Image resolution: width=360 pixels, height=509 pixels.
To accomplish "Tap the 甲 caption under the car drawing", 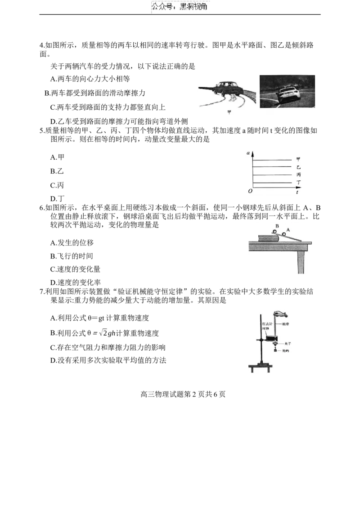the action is [x=229, y=112].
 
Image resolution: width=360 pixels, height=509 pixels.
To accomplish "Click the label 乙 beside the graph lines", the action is [x=299, y=167].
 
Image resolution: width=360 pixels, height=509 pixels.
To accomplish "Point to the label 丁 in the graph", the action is [x=299, y=183].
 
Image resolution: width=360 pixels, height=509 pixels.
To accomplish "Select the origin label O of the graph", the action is [x=250, y=191].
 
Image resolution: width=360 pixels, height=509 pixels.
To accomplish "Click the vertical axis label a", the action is [x=248, y=152].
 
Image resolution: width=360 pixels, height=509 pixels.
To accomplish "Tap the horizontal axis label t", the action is [x=297, y=192].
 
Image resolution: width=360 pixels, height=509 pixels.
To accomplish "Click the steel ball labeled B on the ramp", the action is [x=274, y=232].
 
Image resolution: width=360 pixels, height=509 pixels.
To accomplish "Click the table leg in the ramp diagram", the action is [x=301, y=259].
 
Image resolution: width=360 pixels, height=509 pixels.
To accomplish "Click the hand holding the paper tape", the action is [x=281, y=314].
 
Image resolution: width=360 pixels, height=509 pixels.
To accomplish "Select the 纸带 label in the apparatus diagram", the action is [x=285, y=324].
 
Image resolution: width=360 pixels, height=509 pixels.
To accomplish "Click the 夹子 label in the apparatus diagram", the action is [x=288, y=343].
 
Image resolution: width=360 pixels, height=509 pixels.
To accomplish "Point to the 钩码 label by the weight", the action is [x=286, y=351].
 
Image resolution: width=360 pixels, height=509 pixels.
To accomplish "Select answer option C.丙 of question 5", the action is [x=57, y=185].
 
